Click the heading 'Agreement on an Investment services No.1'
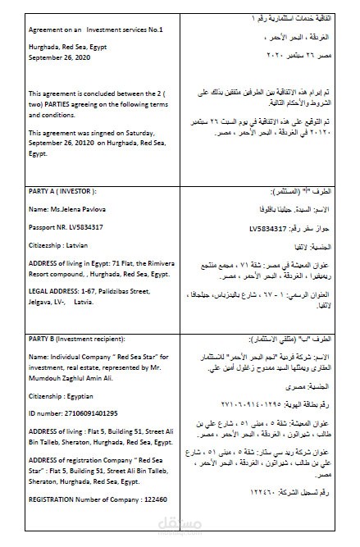96,30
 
